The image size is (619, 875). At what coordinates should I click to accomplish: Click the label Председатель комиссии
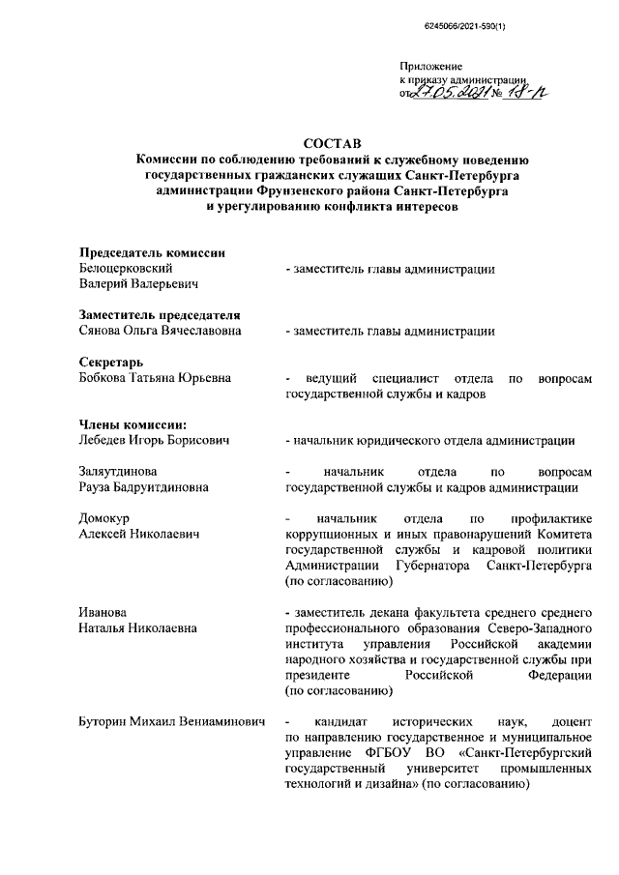[152, 253]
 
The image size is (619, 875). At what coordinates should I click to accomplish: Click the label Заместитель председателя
[159, 315]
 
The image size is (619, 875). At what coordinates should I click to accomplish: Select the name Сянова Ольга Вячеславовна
[160, 331]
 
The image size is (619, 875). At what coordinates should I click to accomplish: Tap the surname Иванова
[103, 612]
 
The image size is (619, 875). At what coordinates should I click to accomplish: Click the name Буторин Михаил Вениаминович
[171, 721]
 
